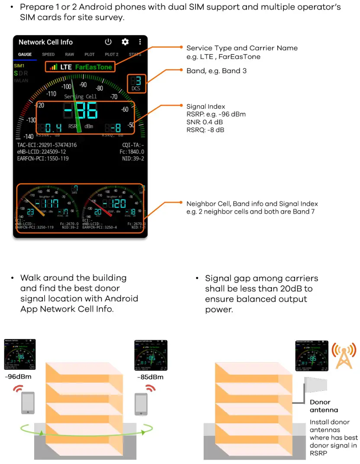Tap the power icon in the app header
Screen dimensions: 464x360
(x=108, y=42)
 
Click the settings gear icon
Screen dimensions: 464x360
(x=125, y=42)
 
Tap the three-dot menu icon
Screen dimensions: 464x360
(x=140, y=42)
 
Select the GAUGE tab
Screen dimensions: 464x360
(x=25, y=55)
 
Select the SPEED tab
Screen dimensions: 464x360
(x=48, y=55)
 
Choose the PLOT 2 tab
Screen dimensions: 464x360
(x=112, y=55)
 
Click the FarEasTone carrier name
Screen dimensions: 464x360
(x=93, y=67)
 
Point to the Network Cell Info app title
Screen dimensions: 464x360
(x=45, y=42)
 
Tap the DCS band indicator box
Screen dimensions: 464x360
(x=136, y=83)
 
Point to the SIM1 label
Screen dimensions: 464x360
(x=19, y=66)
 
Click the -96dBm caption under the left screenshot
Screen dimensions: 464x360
(x=18, y=377)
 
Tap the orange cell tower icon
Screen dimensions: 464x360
(x=344, y=356)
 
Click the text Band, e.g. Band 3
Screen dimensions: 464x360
(x=216, y=71)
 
